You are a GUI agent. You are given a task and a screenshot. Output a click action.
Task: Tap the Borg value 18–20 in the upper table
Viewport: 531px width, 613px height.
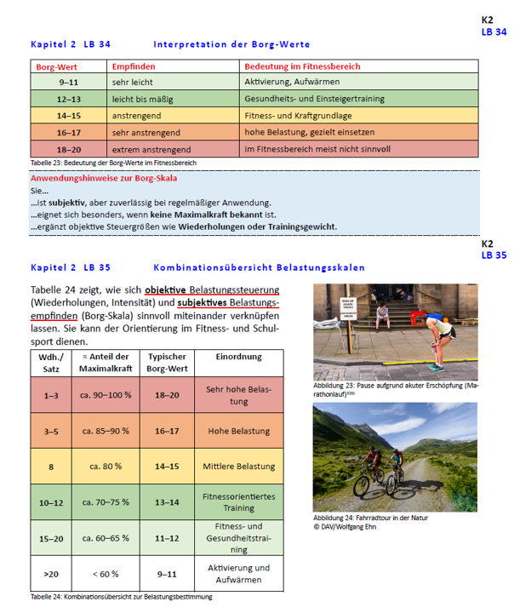[x=70, y=149]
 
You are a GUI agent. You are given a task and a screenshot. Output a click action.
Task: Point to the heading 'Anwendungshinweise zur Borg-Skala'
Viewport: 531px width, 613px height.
[x=108, y=180]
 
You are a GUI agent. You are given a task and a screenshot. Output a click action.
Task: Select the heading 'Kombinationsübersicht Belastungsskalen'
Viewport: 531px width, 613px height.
[x=260, y=266]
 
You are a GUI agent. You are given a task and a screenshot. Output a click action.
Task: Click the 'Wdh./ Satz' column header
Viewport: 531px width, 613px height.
[x=50, y=364]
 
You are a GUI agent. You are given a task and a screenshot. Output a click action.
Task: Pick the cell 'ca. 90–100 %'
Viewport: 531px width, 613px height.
[x=106, y=395]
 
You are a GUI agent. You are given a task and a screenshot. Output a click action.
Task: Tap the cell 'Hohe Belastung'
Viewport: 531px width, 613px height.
[x=239, y=432]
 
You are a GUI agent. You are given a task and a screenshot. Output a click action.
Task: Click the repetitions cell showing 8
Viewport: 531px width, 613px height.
[x=50, y=467]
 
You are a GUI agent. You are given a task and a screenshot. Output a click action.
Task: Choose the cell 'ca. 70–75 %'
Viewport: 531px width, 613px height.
[x=106, y=501]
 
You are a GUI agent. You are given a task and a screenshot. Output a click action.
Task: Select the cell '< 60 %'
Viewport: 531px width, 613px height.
[x=106, y=573]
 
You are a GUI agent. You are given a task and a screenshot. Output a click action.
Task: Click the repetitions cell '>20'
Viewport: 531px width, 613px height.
[x=50, y=573]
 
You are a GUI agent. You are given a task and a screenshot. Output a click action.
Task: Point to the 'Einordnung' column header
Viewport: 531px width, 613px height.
[x=239, y=358]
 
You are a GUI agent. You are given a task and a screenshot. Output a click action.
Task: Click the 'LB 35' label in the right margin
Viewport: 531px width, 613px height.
[x=494, y=255]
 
